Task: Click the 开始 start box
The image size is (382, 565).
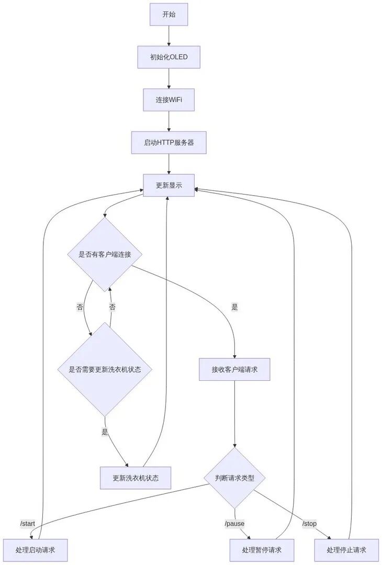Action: pyautogui.click(x=168, y=14)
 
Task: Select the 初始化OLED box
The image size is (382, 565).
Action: pyautogui.click(x=168, y=57)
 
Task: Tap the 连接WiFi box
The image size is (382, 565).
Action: pyautogui.click(x=168, y=99)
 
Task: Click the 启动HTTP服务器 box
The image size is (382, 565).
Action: pyautogui.click(x=168, y=142)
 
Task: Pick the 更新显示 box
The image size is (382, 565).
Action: pyautogui.click(x=168, y=185)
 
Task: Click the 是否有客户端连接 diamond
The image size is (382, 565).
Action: pyautogui.click(x=105, y=255)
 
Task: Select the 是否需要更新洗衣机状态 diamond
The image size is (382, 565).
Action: pyautogui.click(x=105, y=369)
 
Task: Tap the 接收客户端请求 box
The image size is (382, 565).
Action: pyautogui.click(x=234, y=369)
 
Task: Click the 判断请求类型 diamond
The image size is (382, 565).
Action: pyautogui.click(x=234, y=478)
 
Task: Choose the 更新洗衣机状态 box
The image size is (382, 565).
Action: pyautogui.click(x=136, y=478)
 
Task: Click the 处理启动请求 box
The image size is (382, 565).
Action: pyautogui.click(x=36, y=550)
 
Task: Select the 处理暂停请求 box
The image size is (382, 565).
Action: pyautogui.click(x=262, y=550)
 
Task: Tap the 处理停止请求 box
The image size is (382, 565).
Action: pyautogui.click(x=346, y=550)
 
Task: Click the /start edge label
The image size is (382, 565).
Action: pyautogui.click(x=28, y=524)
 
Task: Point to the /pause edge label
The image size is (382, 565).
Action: pyautogui.click(x=234, y=524)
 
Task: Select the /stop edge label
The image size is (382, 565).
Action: pyautogui.click(x=309, y=524)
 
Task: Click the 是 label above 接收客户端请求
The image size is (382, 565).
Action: pyautogui.click(x=234, y=308)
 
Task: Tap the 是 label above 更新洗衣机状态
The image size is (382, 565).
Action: pyautogui.click(x=105, y=432)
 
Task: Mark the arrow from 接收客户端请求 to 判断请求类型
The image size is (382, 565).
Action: pyautogui.click(x=234, y=413)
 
